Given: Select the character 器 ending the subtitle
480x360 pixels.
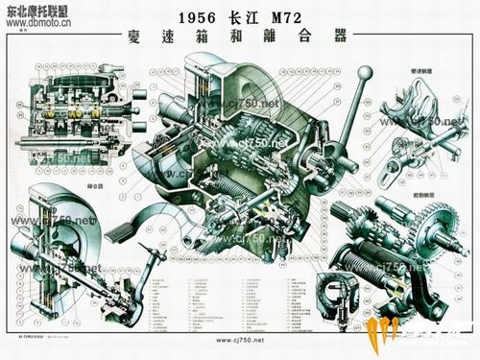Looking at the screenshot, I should (337, 40).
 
